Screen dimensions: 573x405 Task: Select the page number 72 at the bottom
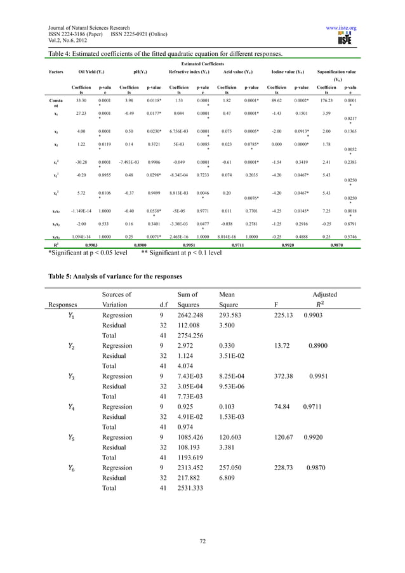(202, 541)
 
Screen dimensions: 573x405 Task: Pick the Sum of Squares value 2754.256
(188, 336)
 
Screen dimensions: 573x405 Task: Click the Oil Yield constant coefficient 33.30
(81, 100)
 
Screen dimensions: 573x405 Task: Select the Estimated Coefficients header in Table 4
(202, 63)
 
